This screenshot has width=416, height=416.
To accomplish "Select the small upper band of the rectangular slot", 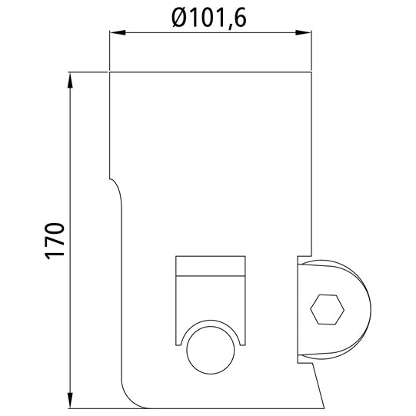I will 211,266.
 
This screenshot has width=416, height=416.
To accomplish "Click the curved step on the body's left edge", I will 118,188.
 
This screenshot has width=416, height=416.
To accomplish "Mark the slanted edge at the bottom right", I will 319,384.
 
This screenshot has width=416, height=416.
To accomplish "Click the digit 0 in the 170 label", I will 54,228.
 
